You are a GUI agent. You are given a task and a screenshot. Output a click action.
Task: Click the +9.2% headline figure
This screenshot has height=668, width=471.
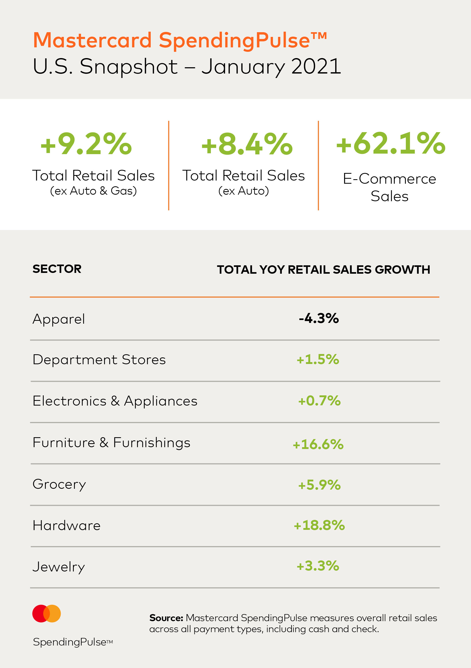pyautogui.click(x=86, y=144)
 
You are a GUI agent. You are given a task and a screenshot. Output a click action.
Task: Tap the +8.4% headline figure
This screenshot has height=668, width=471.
pyautogui.click(x=247, y=144)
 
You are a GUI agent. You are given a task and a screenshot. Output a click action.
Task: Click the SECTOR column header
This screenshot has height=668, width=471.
pyautogui.click(x=57, y=269)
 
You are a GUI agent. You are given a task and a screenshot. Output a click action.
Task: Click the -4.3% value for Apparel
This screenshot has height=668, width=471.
pyautogui.click(x=319, y=318)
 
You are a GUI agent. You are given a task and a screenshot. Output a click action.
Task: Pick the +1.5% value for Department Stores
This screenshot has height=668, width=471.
pyautogui.click(x=318, y=359)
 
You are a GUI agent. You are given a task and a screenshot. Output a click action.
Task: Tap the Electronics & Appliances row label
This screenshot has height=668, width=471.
pyautogui.click(x=115, y=401)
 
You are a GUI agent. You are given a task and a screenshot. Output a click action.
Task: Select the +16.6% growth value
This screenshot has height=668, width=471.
pyautogui.click(x=318, y=444)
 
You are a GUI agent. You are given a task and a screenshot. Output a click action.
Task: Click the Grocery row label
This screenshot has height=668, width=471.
pyautogui.click(x=59, y=484)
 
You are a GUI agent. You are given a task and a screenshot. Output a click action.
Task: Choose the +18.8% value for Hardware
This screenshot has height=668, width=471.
pyautogui.click(x=319, y=525)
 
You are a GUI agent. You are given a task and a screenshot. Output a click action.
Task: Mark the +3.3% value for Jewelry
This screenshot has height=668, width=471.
pyautogui.click(x=318, y=566)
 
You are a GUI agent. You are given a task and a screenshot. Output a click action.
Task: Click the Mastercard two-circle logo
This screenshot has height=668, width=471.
pyautogui.click(x=47, y=614)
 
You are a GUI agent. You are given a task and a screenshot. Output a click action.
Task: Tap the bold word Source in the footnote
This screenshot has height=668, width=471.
pyautogui.click(x=166, y=618)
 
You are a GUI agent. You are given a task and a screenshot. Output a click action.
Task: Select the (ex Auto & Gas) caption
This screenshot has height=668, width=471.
pyautogui.click(x=93, y=191)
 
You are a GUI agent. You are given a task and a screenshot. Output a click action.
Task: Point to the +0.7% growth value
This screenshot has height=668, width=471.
pyautogui.click(x=319, y=401)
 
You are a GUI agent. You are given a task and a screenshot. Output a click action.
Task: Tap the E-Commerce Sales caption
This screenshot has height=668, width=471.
pyautogui.click(x=390, y=187)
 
